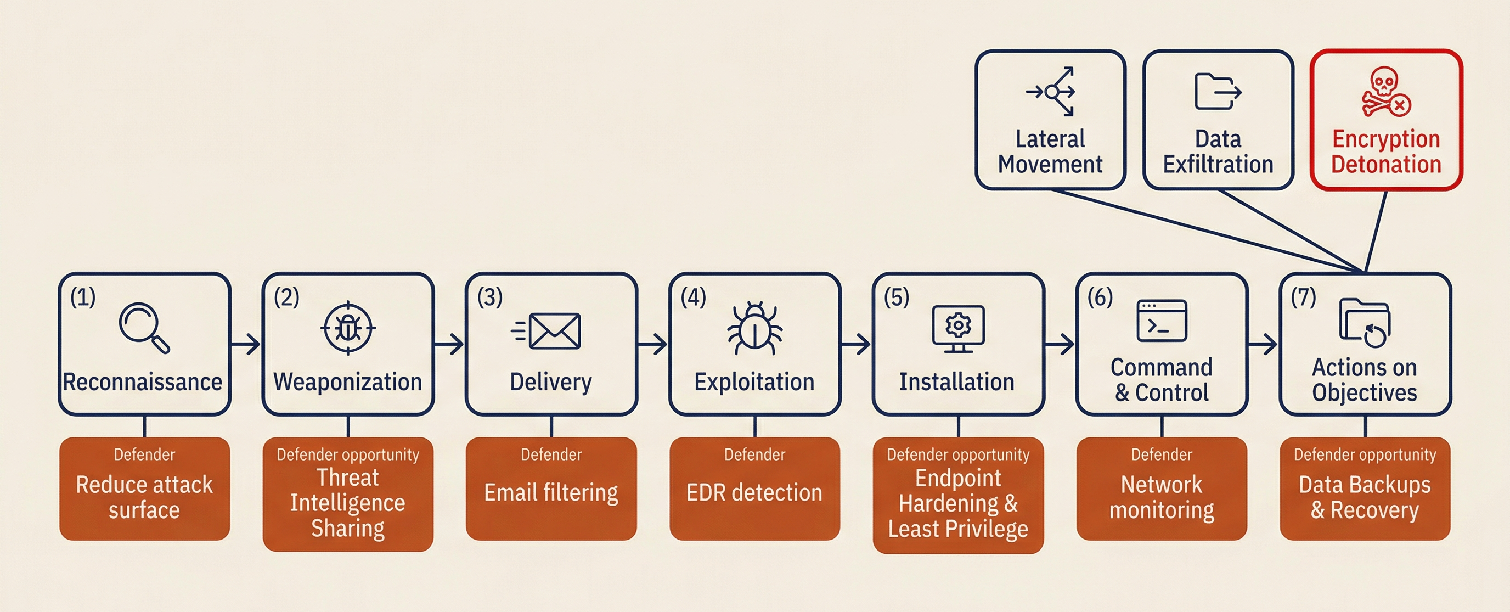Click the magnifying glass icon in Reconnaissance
(x=144, y=327)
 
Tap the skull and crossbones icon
(x=1385, y=92)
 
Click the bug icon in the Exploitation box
(x=754, y=329)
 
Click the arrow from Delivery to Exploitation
(x=652, y=344)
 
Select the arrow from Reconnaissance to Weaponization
(x=246, y=344)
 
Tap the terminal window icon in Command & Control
(x=1161, y=321)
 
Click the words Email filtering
(x=551, y=492)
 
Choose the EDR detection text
(x=754, y=492)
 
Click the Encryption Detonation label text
(x=1386, y=152)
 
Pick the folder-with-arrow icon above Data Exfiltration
(x=1218, y=92)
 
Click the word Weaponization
(x=348, y=382)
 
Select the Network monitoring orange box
(x=1161, y=489)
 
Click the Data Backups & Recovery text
(x=1365, y=497)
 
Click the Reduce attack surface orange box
(x=144, y=489)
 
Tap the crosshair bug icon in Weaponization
(x=348, y=328)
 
